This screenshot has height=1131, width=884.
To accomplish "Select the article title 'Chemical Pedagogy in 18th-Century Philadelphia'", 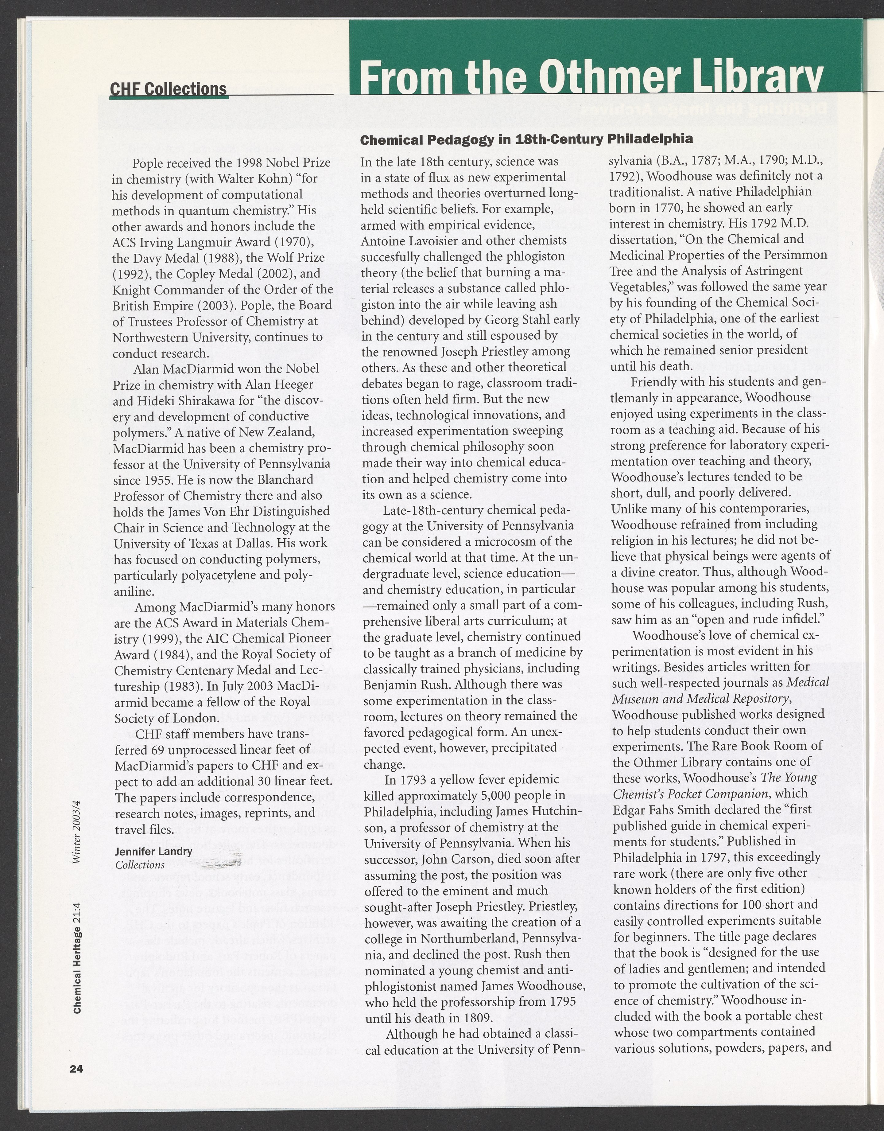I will pyautogui.click(x=526, y=140).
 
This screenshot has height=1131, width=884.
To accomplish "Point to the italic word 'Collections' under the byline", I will pyautogui.click(x=140, y=865).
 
